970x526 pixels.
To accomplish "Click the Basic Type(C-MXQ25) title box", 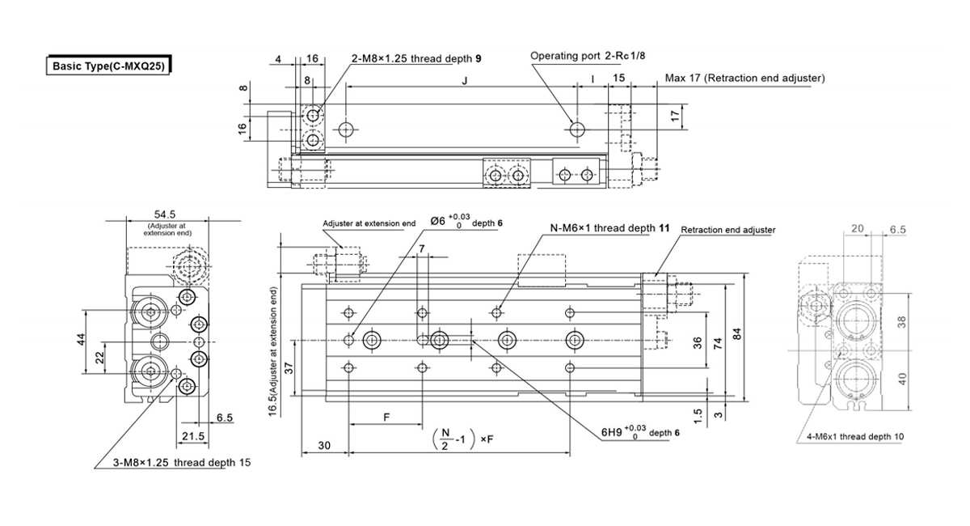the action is pos(108,66).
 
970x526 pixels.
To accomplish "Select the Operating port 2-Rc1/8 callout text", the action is pos(588,56).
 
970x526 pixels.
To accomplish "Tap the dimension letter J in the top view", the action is pos(465,81).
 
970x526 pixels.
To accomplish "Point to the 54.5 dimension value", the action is pos(165,214).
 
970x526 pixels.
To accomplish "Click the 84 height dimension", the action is pos(737,334).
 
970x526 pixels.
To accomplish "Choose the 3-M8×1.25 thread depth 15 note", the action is pos(182,463).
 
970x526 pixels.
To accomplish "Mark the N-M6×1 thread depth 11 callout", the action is pos(609,228).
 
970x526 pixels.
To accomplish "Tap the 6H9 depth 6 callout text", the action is pos(640,432).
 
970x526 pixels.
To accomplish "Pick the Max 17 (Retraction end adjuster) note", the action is pos(744,78).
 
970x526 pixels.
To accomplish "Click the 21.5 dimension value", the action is pos(193,436).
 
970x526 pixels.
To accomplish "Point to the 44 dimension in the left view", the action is pos(82,340).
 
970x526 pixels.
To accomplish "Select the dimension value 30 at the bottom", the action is pos(324,445).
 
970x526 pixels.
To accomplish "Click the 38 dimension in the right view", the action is pos(901,322).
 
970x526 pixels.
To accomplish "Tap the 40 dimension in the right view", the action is pos(902,379).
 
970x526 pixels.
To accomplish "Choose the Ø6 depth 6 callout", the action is pos(466,221).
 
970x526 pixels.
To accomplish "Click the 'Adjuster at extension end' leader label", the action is pos(369,223).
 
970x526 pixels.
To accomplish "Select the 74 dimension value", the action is pos(718,344).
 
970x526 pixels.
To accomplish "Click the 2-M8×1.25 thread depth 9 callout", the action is pos(416,58).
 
